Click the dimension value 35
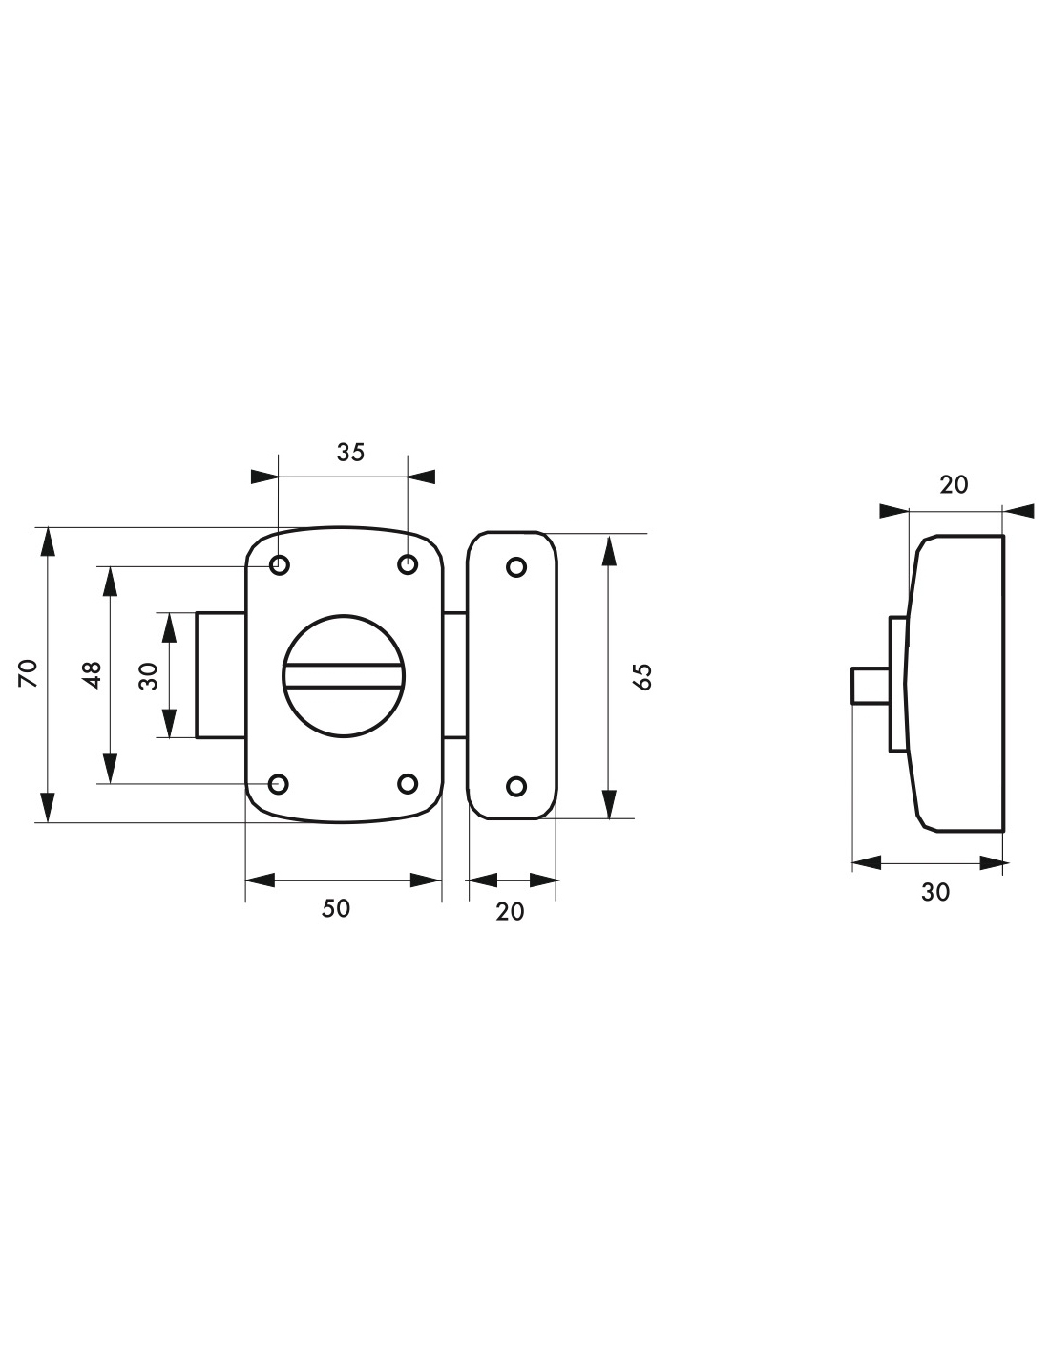pos(349,452)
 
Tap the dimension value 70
pos(29,673)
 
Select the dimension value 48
pos(92,675)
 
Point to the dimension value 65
pos(642,676)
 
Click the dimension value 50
pos(336,908)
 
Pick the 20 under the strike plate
pos(511,912)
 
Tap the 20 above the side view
pos(954,485)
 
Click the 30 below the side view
pos(935,892)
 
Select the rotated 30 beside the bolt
pos(149,675)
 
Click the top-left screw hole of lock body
pos(280,565)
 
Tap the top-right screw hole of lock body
pos(408,565)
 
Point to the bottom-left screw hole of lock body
pos(279,784)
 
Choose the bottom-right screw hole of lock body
pos(408,784)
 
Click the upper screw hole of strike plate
pos(516,567)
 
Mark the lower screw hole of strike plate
pos(516,786)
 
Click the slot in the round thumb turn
pos(343,676)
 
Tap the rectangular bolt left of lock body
pos(221,675)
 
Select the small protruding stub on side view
pos(871,686)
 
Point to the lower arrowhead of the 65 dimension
pos(610,804)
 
